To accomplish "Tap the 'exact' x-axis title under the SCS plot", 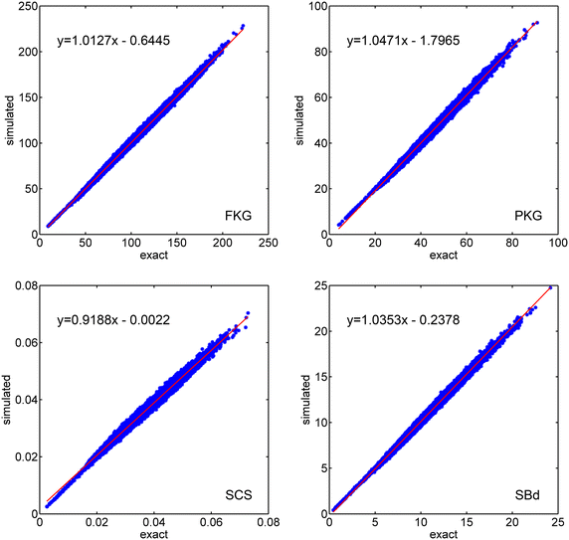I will (x=152, y=533).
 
